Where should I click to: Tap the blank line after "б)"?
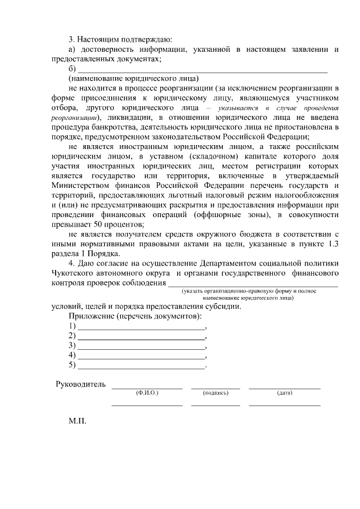click(202, 70)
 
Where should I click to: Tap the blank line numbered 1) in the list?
click(141, 327)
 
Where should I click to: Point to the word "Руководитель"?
click(80, 385)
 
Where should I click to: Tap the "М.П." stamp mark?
click(76, 420)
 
